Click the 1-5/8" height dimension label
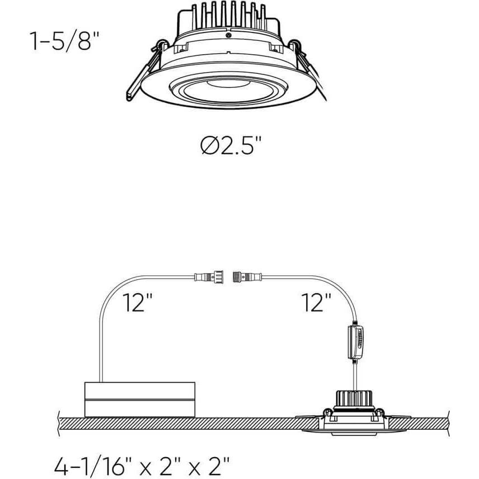[x=61, y=41]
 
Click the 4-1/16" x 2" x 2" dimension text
[x=143, y=464]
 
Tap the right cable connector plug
[x=246, y=276]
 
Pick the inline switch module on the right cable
[x=355, y=341]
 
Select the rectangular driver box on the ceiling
[x=139, y=400]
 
